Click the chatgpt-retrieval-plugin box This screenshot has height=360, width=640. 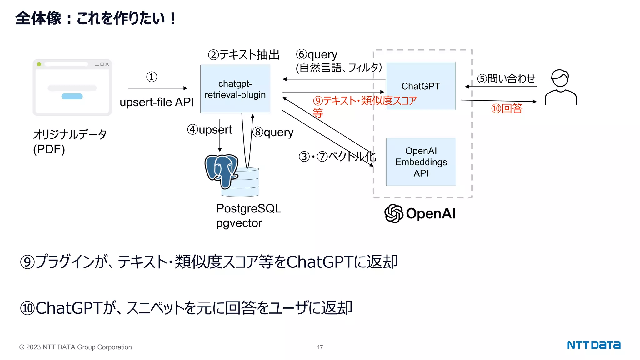pos(235,89)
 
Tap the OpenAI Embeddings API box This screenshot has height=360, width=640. pos(421,162)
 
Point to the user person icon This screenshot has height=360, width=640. pos(561,87)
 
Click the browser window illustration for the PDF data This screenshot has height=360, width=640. pos(72,87)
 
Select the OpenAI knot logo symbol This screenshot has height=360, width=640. pos(394,213)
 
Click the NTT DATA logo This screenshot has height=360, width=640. pos(594,345)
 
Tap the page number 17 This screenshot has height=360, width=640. pos(320,347)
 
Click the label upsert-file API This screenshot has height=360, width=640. pos(157,102)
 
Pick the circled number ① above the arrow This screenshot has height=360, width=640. pos(152,77)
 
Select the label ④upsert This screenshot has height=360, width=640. pos(209,130)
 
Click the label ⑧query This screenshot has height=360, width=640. pos(273,132)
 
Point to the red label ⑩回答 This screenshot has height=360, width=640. pos(507,108)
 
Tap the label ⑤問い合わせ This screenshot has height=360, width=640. pos(506,78)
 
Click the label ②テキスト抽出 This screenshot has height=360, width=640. pos(244,55)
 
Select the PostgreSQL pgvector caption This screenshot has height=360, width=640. pos(248,216)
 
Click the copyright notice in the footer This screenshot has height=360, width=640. pos(75,347)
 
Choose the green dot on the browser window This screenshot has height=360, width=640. pos(39,64)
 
